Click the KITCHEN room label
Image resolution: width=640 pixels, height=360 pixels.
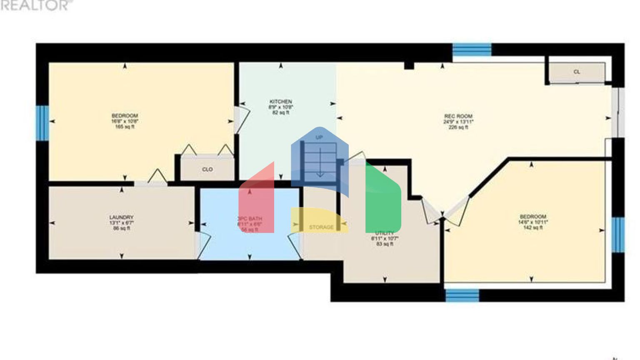[x=280, y=102]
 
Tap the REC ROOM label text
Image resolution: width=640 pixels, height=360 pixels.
[x=458, y=116]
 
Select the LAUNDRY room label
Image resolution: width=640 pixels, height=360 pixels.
[x=121, y=217]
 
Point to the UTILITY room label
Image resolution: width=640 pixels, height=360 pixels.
[x=384, y=233]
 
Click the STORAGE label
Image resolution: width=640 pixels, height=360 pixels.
[x=321, y=227]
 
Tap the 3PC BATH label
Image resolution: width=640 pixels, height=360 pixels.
[x=250, y=219]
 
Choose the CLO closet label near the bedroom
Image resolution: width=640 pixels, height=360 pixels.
[x=207, y=170]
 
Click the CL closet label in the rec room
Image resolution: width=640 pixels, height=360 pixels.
[x=577, y=72]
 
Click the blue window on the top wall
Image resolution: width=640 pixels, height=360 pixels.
[x=472, y=50]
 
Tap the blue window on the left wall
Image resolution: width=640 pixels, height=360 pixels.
[x=42, y=123]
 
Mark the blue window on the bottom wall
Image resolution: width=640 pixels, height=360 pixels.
[x=462, y=295]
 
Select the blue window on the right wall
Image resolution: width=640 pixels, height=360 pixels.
[x=618, y=235]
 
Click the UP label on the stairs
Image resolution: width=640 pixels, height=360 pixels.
[x=319, y=137]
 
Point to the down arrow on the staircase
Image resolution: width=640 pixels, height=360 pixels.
[x=320, y=165]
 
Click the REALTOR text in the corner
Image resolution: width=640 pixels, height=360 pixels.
[x=35, y=5]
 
